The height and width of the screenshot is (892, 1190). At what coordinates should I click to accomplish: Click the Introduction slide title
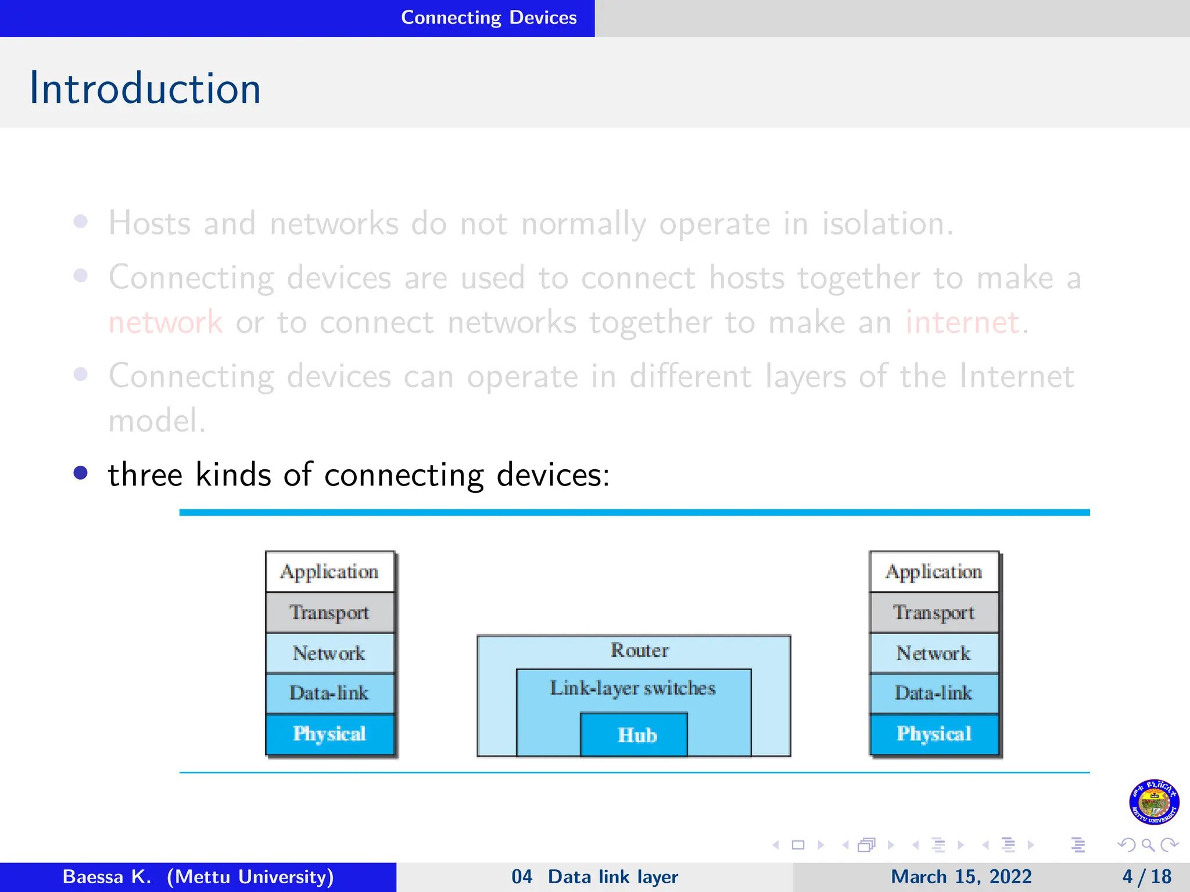tap(145, 88)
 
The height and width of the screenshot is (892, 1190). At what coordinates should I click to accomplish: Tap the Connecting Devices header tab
tap(488, 17)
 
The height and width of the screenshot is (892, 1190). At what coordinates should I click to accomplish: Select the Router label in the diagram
tap(639, 650)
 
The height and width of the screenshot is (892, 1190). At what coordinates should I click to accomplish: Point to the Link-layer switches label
tap(632, 688)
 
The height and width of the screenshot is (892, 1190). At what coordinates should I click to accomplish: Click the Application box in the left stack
tap(329, 572)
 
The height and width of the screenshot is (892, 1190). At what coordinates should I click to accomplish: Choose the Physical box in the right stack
tap(934, 734)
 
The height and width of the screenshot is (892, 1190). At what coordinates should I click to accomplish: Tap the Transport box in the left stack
tap(329, 613)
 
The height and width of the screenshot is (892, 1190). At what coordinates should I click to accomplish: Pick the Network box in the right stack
tap(934, 653)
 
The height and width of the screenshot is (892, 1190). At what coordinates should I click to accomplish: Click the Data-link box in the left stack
tap(329, 693)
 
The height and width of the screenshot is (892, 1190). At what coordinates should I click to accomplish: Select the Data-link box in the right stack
tap(934, 693)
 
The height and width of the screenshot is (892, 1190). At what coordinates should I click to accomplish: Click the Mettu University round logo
tap(1154, 802)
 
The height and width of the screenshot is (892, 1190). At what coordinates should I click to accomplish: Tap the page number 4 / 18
tap(1146, 876)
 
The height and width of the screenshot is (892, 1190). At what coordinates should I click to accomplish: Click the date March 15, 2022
tap(961, 876)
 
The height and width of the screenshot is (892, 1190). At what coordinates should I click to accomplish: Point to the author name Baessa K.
tap(106, 876)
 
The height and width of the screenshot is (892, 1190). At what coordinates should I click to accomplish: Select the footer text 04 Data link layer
tap(594, 876)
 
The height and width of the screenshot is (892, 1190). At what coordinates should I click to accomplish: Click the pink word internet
tap(962, 322)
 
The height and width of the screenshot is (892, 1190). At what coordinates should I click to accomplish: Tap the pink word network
tap(166, 322)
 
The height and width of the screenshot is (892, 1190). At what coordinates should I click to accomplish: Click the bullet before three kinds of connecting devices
tap(81, 473)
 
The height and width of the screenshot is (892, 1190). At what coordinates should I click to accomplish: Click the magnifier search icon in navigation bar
tap(1148, 845)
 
